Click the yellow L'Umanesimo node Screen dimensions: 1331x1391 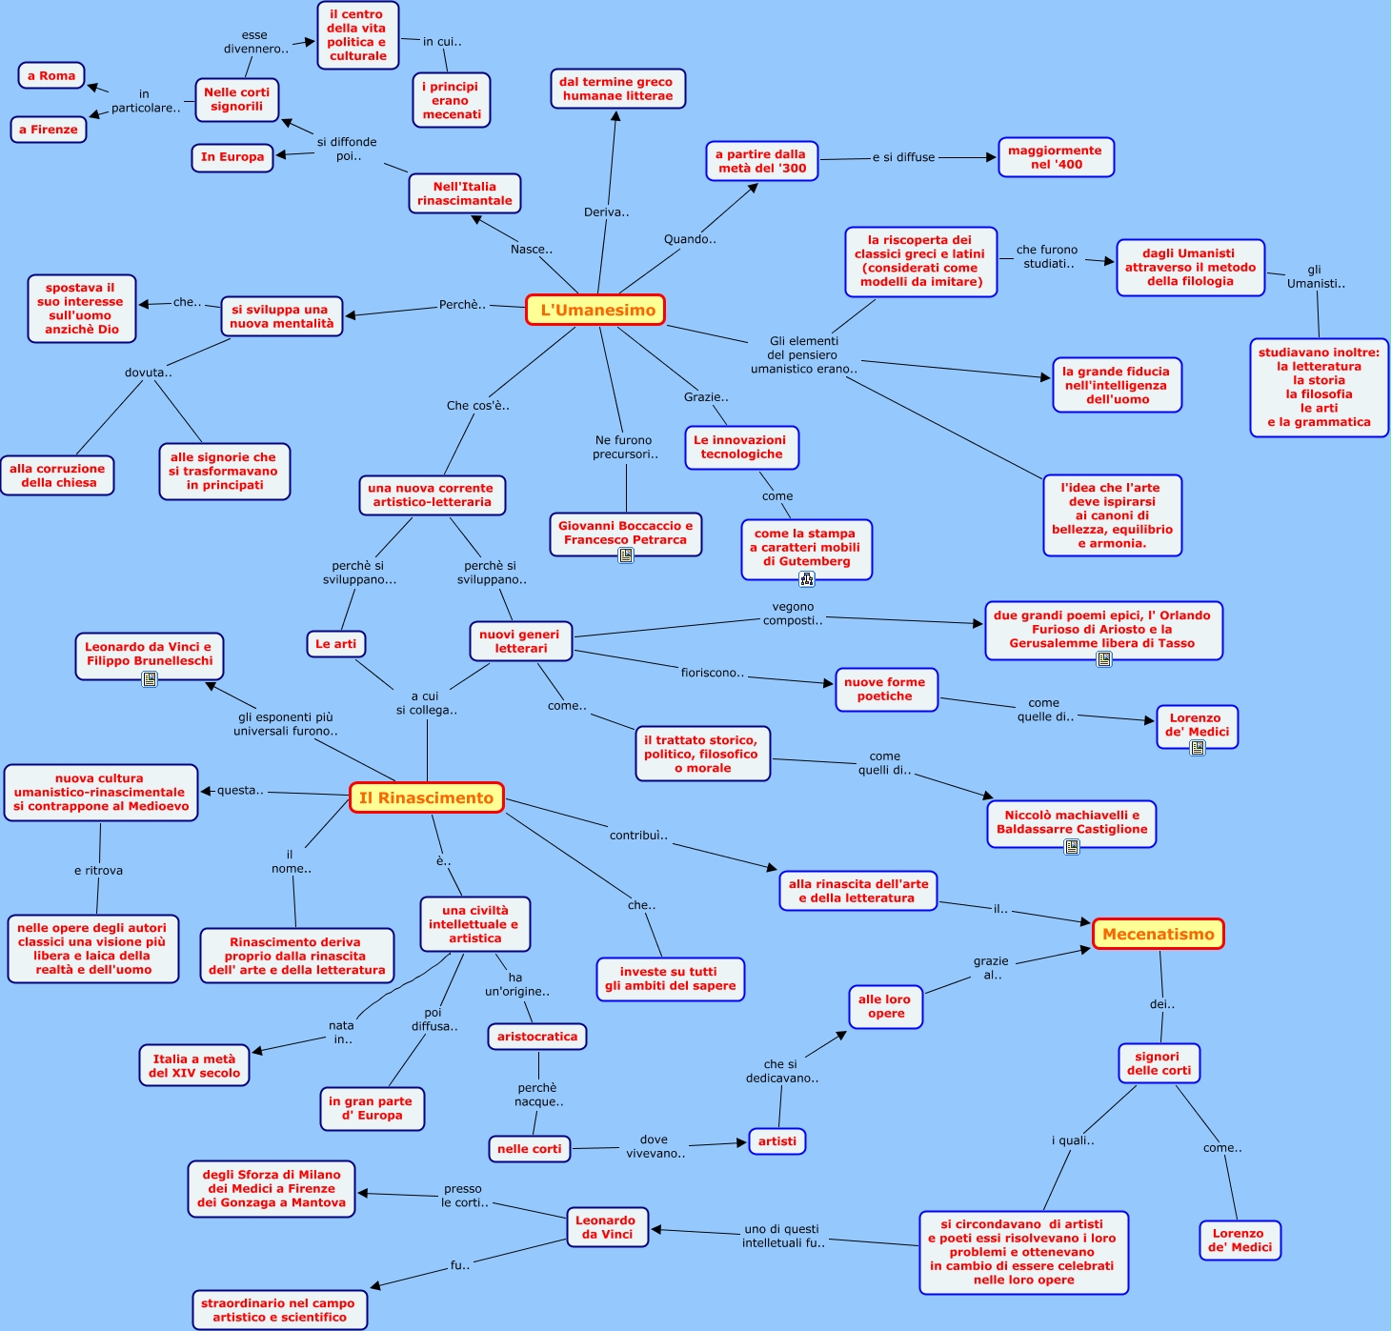[x=595, y=310]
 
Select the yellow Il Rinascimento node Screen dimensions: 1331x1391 [x=426, y=798]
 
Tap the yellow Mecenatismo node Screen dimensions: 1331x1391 [x=1158, y=935]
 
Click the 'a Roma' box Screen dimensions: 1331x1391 [x=51, y=76]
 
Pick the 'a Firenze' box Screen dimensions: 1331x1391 [x=49, y=130]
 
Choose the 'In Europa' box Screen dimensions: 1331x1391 [x=232, y=157]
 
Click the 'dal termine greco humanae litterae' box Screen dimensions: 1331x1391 [x=617, y=89]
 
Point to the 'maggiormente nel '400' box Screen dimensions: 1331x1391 [x=1055, y=157]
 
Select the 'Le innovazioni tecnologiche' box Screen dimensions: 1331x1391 [x=740, y=448]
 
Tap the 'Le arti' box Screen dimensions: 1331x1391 [x=335, y=644]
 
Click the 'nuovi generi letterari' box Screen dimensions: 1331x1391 [x=520, y=641]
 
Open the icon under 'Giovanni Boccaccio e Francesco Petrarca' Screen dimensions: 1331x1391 [x=626, y=555]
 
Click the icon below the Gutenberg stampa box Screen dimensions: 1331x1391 [x=807, y=578]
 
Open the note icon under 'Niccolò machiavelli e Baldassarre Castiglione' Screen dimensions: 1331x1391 [x=1072, y=846]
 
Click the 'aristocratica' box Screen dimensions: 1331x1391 [x=537, y=1037]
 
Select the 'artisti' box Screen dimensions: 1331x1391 [x=777, y=1141]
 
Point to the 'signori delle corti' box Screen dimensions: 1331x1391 [x=1159, y=1063]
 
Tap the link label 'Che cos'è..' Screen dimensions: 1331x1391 [x=478, y=406]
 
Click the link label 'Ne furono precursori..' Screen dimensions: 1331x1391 [x=625, y=447]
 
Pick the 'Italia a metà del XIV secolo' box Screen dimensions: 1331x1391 [x=194, y=1066]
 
